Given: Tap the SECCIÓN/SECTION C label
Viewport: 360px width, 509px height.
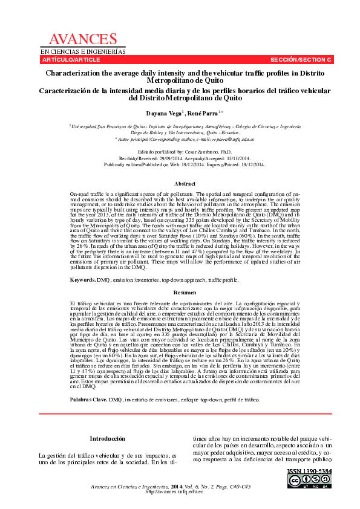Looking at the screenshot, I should click(301, 60).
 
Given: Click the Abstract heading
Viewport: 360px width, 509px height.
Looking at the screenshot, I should click(185, 183).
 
